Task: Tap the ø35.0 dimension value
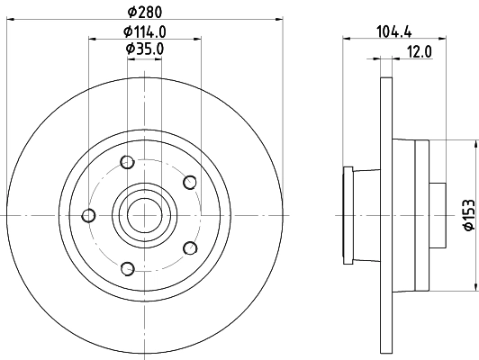[x=145, y=48]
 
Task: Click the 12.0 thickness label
[x=420, y=51]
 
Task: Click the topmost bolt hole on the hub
[x=127, y=163]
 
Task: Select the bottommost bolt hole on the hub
[x=127, y=267]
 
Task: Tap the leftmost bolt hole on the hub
[x=88, y=215]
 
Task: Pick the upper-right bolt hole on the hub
[x=189, y=183]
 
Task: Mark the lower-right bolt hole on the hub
[x=189, y=247]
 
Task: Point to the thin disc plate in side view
[x=386, y=216]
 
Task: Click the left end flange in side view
[x=347, y=216]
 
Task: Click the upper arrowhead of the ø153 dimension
[x=474, y=144]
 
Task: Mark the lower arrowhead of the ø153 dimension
[x=474, y=288]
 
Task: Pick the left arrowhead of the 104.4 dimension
[x=347, y=39]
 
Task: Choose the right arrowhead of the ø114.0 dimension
[x=197, y=39]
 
